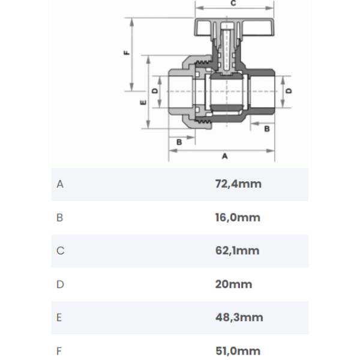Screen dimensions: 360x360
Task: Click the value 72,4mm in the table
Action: (x=238, y=184)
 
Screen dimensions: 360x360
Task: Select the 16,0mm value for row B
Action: (x=238, y=217)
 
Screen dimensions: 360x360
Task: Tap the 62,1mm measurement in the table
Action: (x=237, y=250)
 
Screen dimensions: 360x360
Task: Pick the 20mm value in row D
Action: (x=233, y=284)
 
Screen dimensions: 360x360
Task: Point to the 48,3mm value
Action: (x=239, y=317)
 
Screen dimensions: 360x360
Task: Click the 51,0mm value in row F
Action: (x=238, y=351)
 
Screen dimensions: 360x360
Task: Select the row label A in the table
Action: (x=60, y=184)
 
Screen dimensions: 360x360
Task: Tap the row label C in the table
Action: (x=60, y=250)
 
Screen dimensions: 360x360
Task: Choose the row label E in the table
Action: (x=59, y=317)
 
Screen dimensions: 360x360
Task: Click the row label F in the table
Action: (x=59, y=351)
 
